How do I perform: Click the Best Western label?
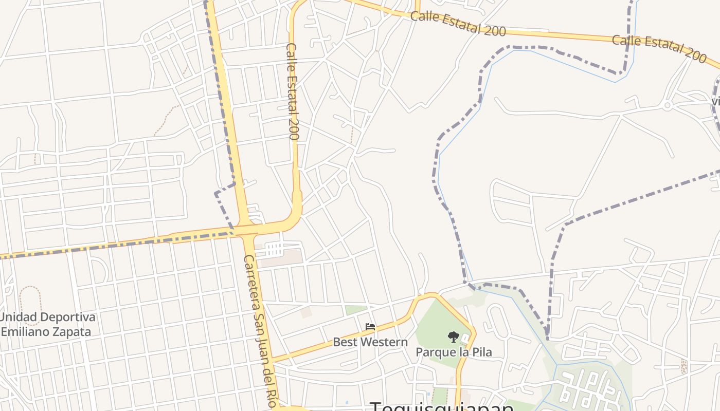(x=370, y=342)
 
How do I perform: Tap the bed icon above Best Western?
(x=370, y=326)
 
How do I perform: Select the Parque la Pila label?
(x=454, y=352)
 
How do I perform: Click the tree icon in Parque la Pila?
(x=453, y=337)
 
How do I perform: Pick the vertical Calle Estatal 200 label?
(x=293, y=91)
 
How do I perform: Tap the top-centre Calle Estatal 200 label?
(x=458, y=24)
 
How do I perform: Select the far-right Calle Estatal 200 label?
(x=659, y=48)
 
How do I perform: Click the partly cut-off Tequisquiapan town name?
(x=442, y=407)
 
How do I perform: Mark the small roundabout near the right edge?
(x=668, y=106)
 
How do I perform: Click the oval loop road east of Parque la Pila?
(x=498, y=321)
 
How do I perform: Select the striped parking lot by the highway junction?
(x=275, y=250)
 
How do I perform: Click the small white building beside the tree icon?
(x=465, y=339)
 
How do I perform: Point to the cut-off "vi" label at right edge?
(x=716, y=101)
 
